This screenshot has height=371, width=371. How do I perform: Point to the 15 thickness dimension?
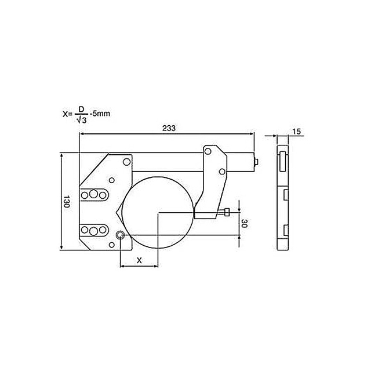(x=296, y=132)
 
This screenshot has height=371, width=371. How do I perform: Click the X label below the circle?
(x=139, y=260)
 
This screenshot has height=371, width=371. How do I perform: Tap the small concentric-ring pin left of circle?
(x=120, y=235)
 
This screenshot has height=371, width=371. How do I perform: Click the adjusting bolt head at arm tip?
(x=227, y=213)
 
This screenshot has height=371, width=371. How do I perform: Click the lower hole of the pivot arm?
(x=222, y=171)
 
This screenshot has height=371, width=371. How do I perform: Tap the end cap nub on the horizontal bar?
(x=256, y=163)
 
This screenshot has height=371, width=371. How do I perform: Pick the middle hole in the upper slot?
(x=93, y=194)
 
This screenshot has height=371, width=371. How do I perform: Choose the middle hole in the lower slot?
(x=93, y=231)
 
